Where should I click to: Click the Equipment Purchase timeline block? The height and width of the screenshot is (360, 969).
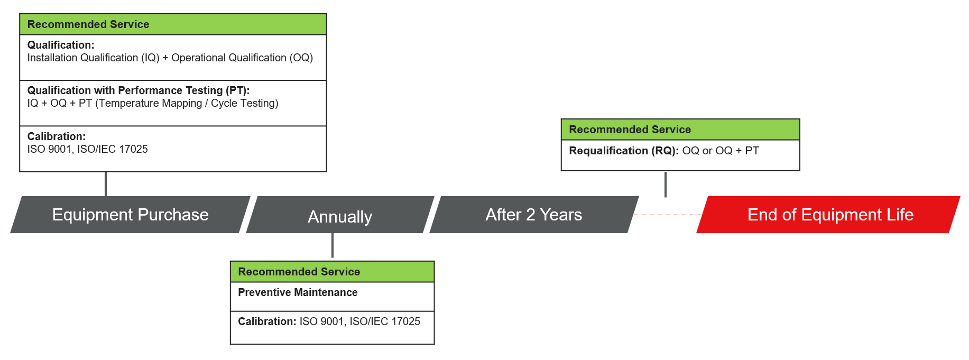[130, 215]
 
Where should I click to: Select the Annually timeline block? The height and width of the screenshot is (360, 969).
[340, 216]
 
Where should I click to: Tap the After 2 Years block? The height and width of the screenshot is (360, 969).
[533, 215]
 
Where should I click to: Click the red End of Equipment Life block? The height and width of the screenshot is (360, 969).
[829, 215]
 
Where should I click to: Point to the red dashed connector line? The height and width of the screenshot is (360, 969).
[667, 215]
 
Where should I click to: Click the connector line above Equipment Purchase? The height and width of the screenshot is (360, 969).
[106, 184]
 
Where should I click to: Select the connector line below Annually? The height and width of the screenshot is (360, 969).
[333, 246]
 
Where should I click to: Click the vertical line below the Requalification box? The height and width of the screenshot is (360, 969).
[665, 184]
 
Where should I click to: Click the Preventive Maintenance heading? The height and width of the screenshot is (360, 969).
[298, 292]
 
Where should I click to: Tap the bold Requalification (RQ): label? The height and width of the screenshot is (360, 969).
[623, 151]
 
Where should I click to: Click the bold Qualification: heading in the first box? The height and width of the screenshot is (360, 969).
[61, 45]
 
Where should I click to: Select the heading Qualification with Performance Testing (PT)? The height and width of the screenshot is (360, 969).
[138, 90]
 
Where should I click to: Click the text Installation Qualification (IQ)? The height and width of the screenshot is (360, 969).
[93, 58]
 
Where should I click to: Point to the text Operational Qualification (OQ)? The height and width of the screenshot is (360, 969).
[242, 58]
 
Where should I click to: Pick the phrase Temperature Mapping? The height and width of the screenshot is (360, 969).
[150, 103]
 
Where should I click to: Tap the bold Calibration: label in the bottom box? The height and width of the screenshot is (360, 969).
[266, 321]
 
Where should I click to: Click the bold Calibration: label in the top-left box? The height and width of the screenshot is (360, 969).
[56, 136]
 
